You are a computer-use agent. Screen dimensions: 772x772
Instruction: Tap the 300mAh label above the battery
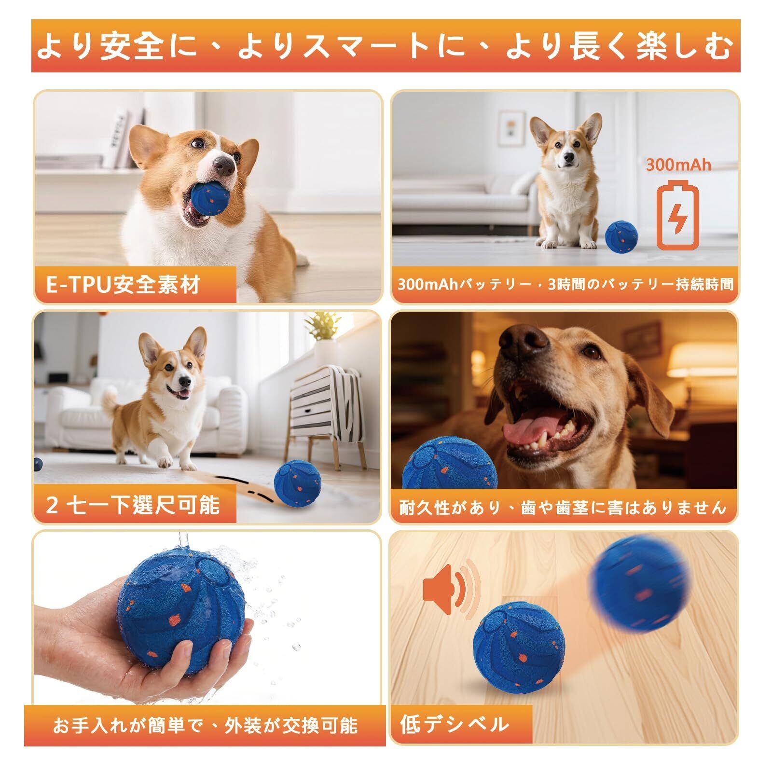click(x=679, y=165)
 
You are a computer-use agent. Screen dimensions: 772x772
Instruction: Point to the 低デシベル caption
click(x=455, y=724)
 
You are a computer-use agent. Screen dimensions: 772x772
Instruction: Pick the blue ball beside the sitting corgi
click(x=621, y=236)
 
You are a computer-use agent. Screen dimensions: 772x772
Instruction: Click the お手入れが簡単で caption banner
click(x=205, y=726)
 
